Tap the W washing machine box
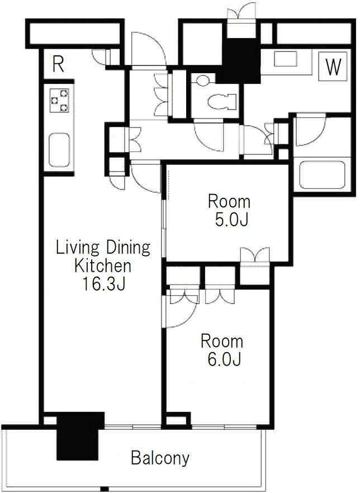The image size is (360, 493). point(333,67)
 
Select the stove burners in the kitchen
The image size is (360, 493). point(60,100)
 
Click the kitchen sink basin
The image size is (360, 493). point(59,150)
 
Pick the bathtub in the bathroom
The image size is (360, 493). point(323,175)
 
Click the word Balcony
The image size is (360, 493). point(160,458)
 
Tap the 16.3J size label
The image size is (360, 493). point(103,283)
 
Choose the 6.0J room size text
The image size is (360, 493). point(224,359)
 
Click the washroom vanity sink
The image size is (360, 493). point(286,59)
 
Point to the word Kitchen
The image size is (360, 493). point(102,266)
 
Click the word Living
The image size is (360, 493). point(77,248)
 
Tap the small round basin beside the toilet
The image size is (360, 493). point(203,80)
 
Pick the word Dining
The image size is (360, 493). point(127,248)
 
